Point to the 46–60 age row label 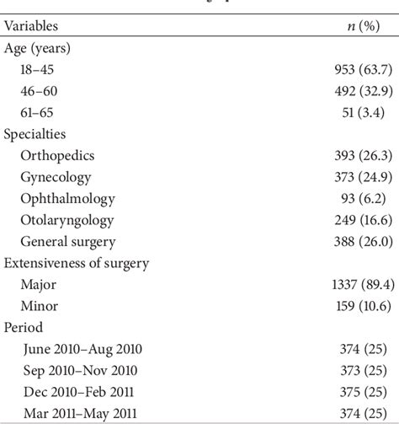(x=40, y=90)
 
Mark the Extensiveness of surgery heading (x=76, y=264)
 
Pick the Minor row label (x=39, y=307)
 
